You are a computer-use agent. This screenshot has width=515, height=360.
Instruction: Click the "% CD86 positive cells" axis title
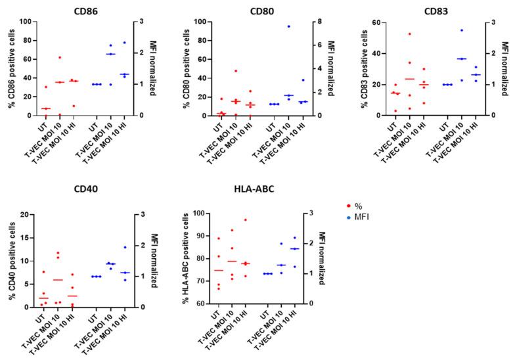point(11,68)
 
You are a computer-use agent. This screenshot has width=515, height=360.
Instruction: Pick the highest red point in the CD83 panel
point(409,34)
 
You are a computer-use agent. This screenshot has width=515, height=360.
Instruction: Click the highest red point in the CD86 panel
point(60,57)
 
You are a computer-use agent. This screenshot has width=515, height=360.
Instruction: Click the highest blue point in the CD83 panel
point(462,30)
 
